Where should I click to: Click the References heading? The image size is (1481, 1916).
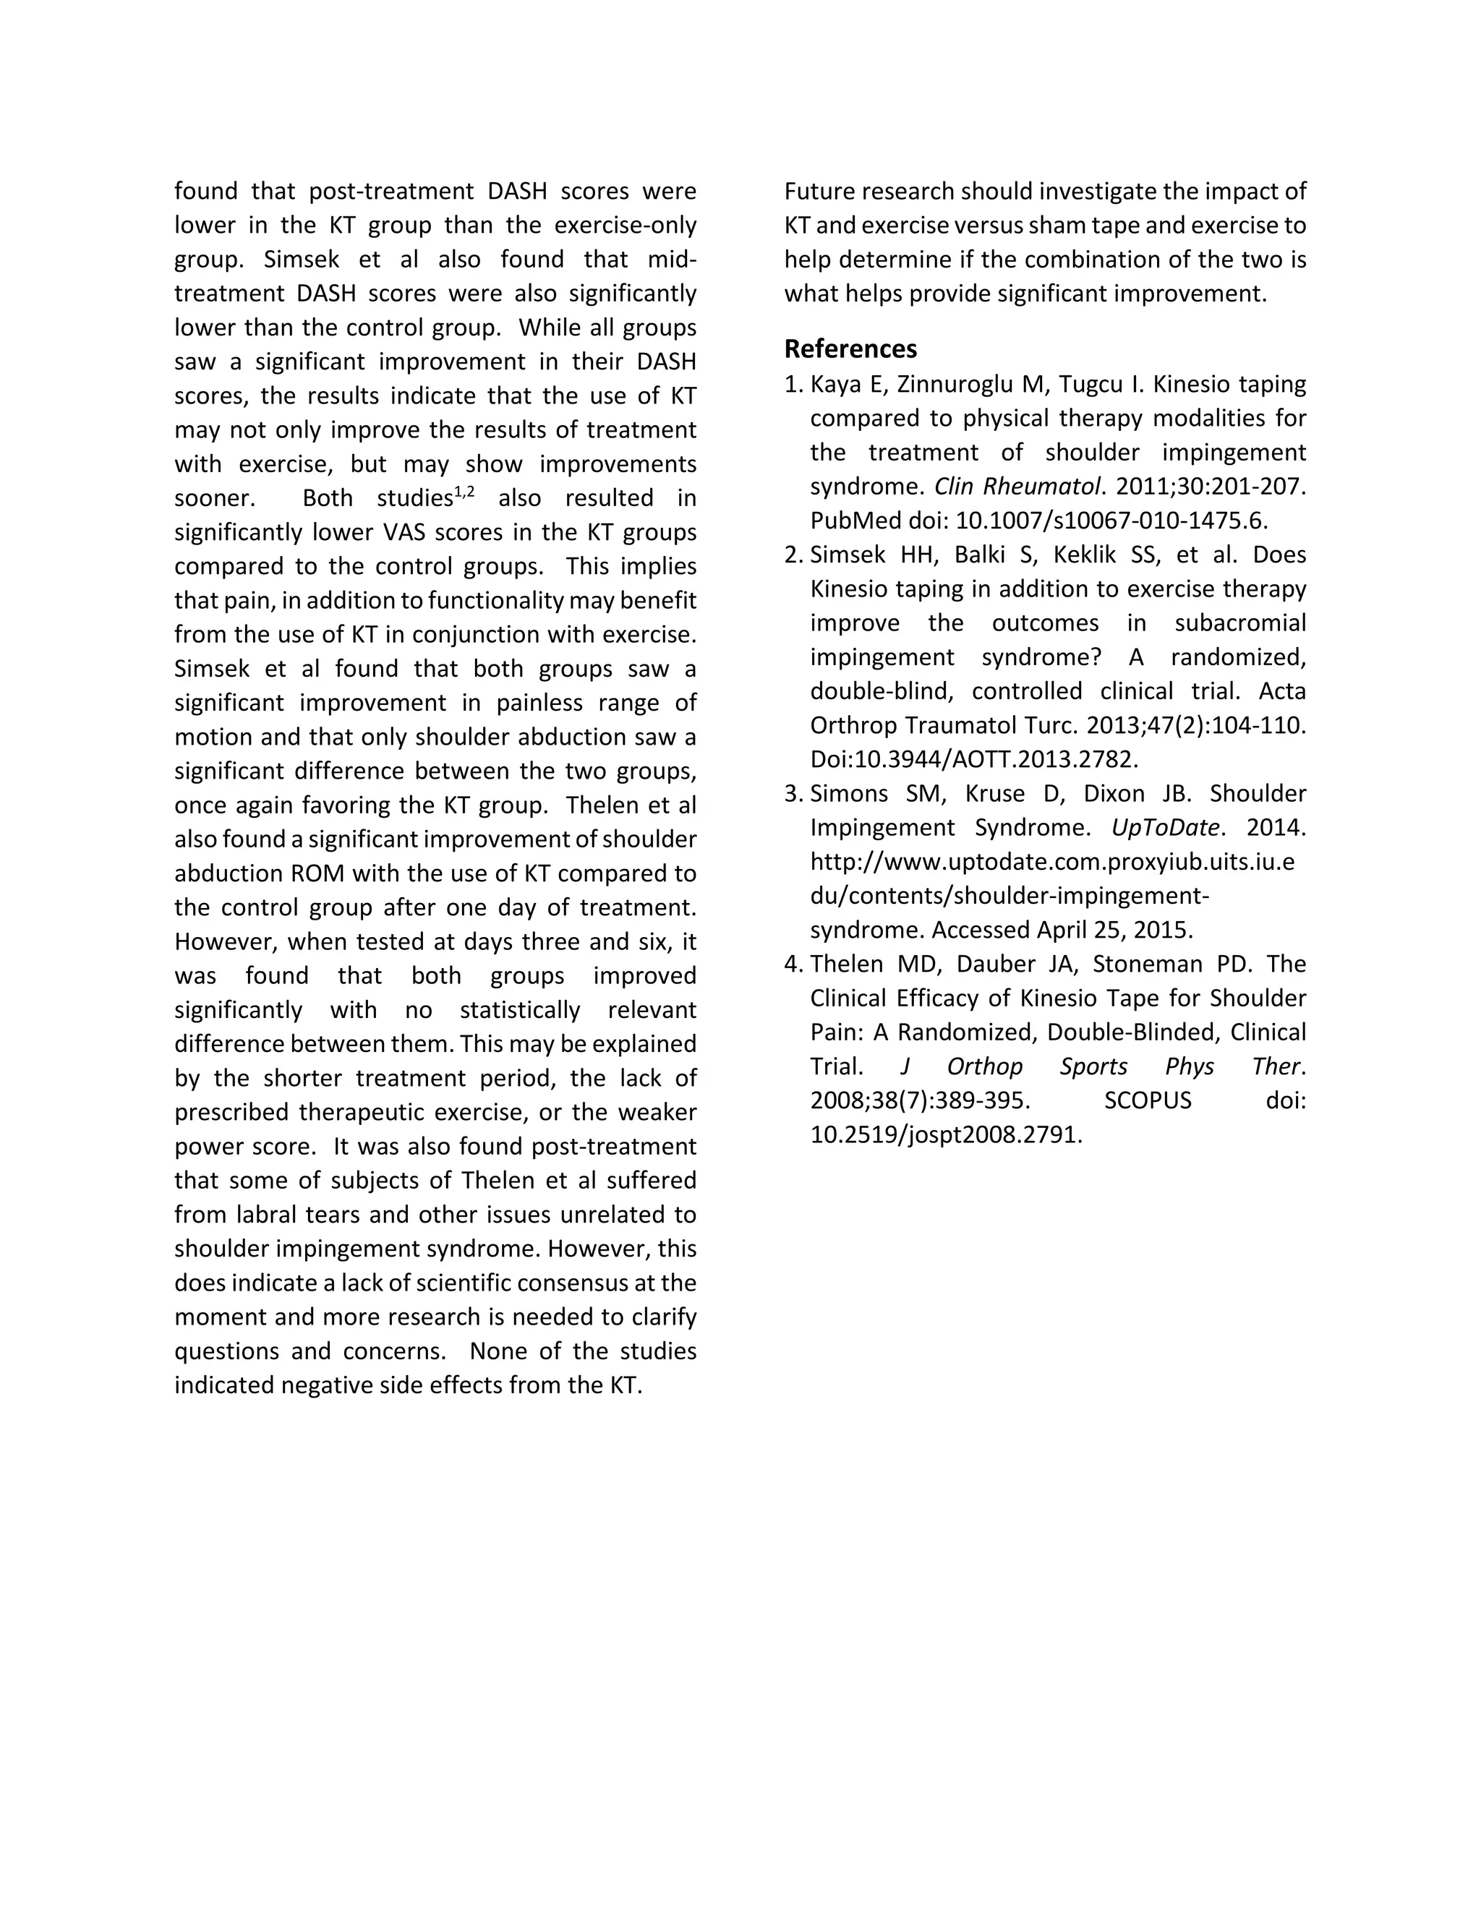850,349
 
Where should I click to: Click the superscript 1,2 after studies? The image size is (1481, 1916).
464,492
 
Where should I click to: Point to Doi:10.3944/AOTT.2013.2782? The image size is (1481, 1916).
974,759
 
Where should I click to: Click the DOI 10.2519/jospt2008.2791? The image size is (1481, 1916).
946,1134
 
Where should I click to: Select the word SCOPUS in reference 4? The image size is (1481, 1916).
1148,1100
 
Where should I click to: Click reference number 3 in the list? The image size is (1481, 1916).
793,793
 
